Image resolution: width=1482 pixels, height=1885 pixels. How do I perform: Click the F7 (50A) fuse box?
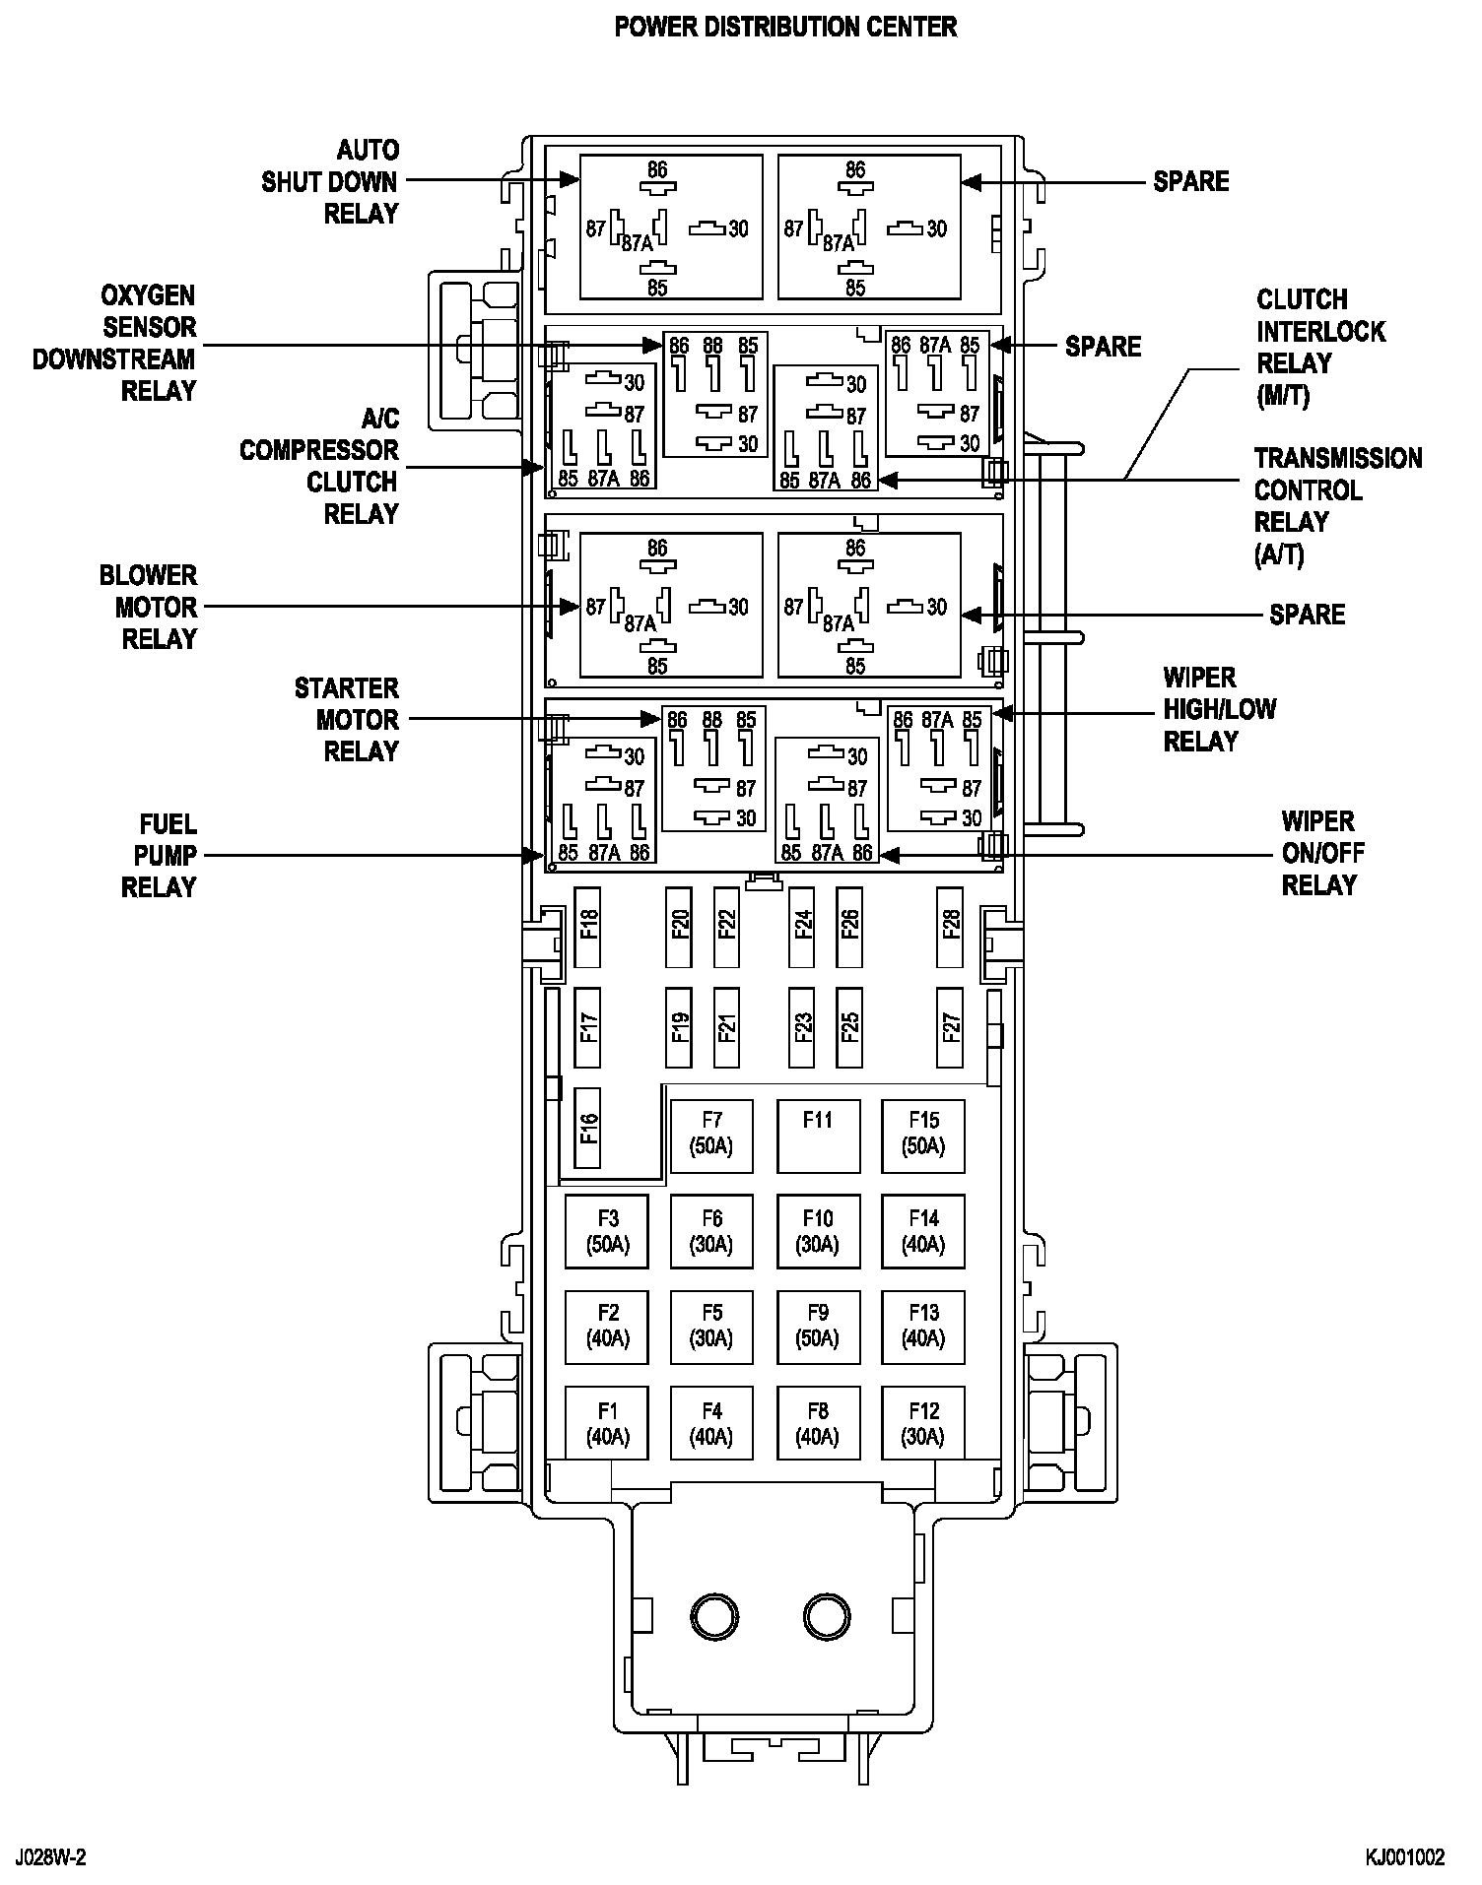pyautogui.click(x=711, y=1135)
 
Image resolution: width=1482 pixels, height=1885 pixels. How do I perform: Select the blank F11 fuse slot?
pyautogui.click(x=818, y=1135)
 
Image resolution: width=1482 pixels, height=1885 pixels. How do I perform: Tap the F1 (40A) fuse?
pyautogui.click(x=607, y=1423)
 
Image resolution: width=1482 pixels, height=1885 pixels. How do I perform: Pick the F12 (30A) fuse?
pyautogui.click(x=923, y=1423)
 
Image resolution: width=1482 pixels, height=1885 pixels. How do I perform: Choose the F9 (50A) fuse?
pyautogui.click(x=818, y=1327)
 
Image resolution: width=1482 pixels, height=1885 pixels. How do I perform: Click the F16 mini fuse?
pyautogui.click(x=588, y=1128)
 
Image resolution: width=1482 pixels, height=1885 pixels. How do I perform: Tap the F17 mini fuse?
pyautogui.click(x=588, y=1028)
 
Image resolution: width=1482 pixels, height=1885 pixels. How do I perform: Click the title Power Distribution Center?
pyautogui.click(x=785, y=27)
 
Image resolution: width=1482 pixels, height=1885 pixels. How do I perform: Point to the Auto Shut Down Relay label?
pyautogui.click(x=331, y=182)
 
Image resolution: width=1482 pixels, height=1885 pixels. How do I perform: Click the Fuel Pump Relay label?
pyautogui.click(x=160, y=855)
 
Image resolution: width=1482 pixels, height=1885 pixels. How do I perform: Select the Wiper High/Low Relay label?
pyautogui.click(x=1219, y=709)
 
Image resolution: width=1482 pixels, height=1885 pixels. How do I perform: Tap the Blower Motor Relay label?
pyautogui.click(x=149, y=607)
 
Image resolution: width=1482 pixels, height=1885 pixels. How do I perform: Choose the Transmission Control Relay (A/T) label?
pyautogui.click(x=1337, y=506)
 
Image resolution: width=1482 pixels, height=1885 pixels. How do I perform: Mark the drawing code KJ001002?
pyautogui.click(x=1404, y=1857)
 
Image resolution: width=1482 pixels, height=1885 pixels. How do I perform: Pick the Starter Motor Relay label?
pyautogui.click(x=347, y=720)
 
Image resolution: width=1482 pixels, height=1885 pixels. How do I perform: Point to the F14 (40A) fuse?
pyautogui.click(x=923, y=1231)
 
